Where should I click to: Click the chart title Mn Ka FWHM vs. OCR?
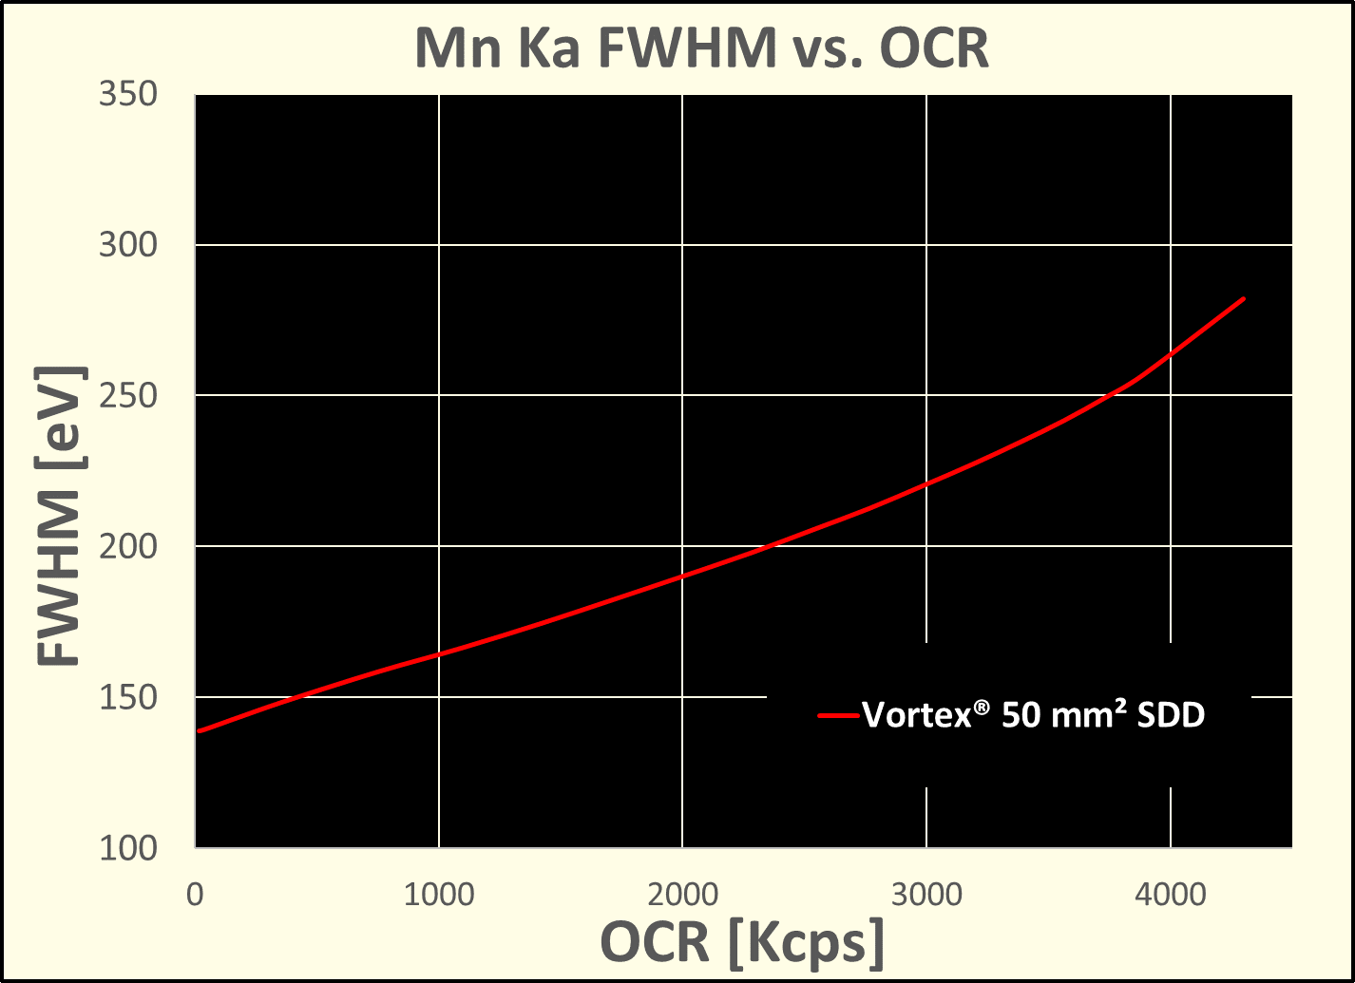pos(702,48)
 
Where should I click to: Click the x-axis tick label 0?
pos(196,895)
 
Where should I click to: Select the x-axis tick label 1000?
pos(438,895)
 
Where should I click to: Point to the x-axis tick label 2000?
pos(682,895)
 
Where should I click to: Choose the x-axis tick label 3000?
pos(926,895)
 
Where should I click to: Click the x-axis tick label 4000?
pos(1170,895)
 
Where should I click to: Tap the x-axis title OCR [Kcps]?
pos(742,943)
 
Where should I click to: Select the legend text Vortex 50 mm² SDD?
pos(1034,715)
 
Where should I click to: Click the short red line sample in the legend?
pos(839,715)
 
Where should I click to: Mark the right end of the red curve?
pos(1244,298)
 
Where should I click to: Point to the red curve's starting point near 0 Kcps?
pos(200,731)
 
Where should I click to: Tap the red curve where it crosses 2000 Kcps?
pos(682,577)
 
